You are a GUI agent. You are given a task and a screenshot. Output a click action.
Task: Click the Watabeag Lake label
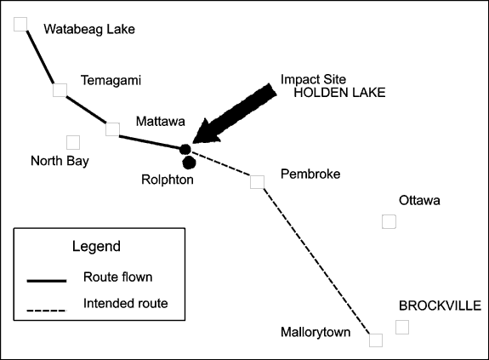[89, 29]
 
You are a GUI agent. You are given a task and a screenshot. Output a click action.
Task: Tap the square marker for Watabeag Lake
[20, 25]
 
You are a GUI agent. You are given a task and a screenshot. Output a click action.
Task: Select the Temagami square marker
[60, 90]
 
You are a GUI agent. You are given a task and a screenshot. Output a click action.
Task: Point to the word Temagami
[111, 81]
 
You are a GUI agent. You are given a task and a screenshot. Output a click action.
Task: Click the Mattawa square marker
[112, 129]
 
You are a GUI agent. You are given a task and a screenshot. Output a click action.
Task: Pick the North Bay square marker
[73, 142]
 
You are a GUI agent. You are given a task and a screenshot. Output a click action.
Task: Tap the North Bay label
[60, 161]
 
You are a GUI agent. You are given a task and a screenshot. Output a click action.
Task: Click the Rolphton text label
[168, 180]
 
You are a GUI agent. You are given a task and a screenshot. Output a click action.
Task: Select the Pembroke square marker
[258, 182]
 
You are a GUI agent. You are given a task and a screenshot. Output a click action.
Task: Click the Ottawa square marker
[389, 221]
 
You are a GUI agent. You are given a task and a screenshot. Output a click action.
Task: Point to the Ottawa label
[419, 200]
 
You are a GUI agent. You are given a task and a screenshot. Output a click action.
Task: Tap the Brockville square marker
[402, 328]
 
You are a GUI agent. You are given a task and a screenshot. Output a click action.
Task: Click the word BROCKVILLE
[440, 306]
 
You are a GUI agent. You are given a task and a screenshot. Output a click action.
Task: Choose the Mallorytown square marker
[376, 340]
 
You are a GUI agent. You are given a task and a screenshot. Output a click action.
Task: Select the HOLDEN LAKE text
[339, 93]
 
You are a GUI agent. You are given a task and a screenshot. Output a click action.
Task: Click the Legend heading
[96, 246]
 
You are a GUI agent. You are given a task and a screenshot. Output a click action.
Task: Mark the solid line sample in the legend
[47, 281]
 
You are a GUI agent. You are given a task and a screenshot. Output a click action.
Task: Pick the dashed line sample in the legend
[47, 311]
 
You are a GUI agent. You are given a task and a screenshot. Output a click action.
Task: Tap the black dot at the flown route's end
[185, 150]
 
